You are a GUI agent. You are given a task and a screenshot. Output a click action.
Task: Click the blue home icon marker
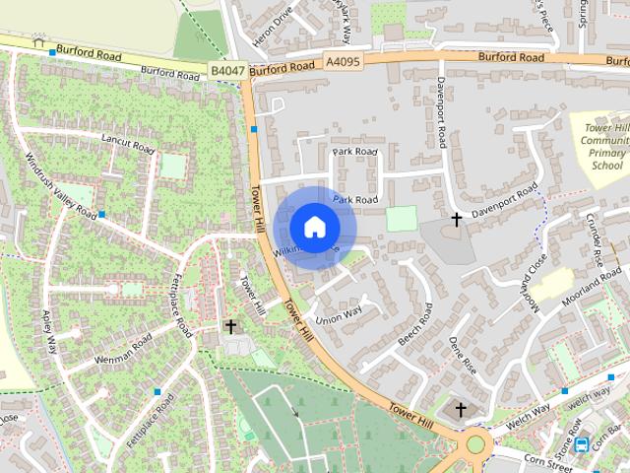pos(314,228)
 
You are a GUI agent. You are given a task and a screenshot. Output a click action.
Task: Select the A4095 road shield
pos(342,62)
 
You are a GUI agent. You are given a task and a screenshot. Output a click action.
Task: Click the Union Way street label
pos(339,314)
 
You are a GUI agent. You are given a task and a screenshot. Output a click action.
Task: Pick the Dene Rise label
pos(463,355)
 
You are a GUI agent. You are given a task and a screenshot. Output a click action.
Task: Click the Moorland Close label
pos(536,283)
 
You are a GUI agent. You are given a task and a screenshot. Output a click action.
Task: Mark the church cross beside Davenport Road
pos(457,218)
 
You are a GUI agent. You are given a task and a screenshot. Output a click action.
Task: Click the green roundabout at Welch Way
pos(477,443)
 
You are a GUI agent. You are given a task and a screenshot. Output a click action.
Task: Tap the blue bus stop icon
pos(582,443)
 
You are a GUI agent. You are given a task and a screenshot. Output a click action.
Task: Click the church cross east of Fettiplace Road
pos(230,326)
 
